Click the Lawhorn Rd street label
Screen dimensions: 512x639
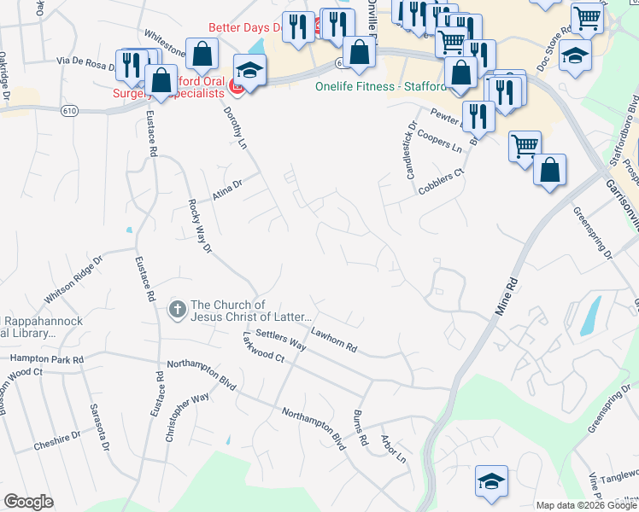point(333,341)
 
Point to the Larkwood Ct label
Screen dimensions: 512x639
point(262,353)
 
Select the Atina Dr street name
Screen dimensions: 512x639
point(228,188)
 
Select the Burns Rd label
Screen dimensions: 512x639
point(360,429)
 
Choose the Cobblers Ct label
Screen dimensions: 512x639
point(441,182)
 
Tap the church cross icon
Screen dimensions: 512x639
point(177,309)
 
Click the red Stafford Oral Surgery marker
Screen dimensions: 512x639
point(238,85)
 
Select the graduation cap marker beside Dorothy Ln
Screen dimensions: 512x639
point(250,70)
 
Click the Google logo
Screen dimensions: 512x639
point(28,502)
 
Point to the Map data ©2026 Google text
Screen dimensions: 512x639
point(586,505)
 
